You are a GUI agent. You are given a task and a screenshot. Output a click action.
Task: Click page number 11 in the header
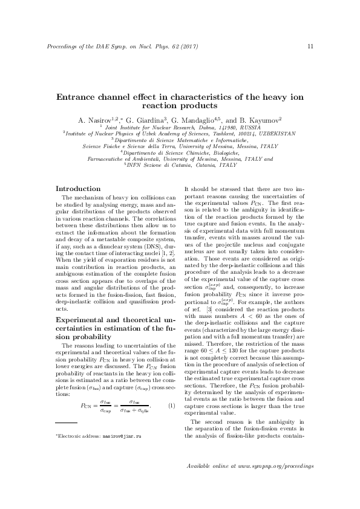(x=310, y=47)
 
